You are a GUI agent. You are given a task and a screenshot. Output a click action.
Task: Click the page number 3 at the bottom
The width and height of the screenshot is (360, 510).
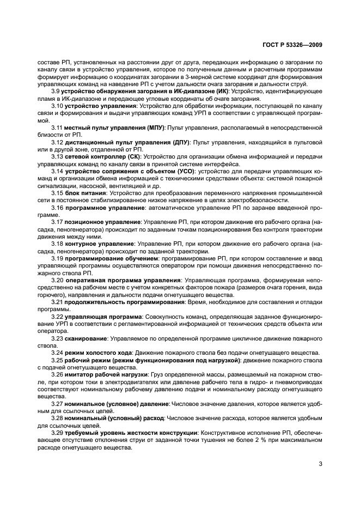(x=320, y=465)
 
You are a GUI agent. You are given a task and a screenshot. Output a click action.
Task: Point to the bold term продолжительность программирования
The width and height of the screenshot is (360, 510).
(x=124, y=301)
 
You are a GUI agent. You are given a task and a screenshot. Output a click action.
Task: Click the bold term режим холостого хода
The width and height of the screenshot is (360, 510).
(x=99, y=353)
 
